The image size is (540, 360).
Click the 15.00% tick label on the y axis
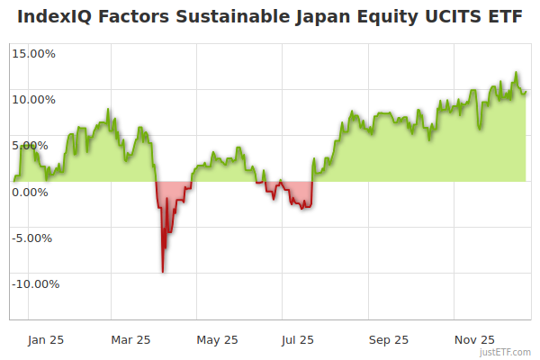coord(32,53)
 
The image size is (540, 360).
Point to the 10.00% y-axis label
coord(32,99)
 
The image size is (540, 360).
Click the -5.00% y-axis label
coord(33,238)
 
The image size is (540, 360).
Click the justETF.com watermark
coord(505,352)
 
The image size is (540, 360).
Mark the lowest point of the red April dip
coord(162,271)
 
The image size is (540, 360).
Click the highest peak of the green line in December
coord(517,73)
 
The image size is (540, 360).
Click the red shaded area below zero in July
coord(297,193)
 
